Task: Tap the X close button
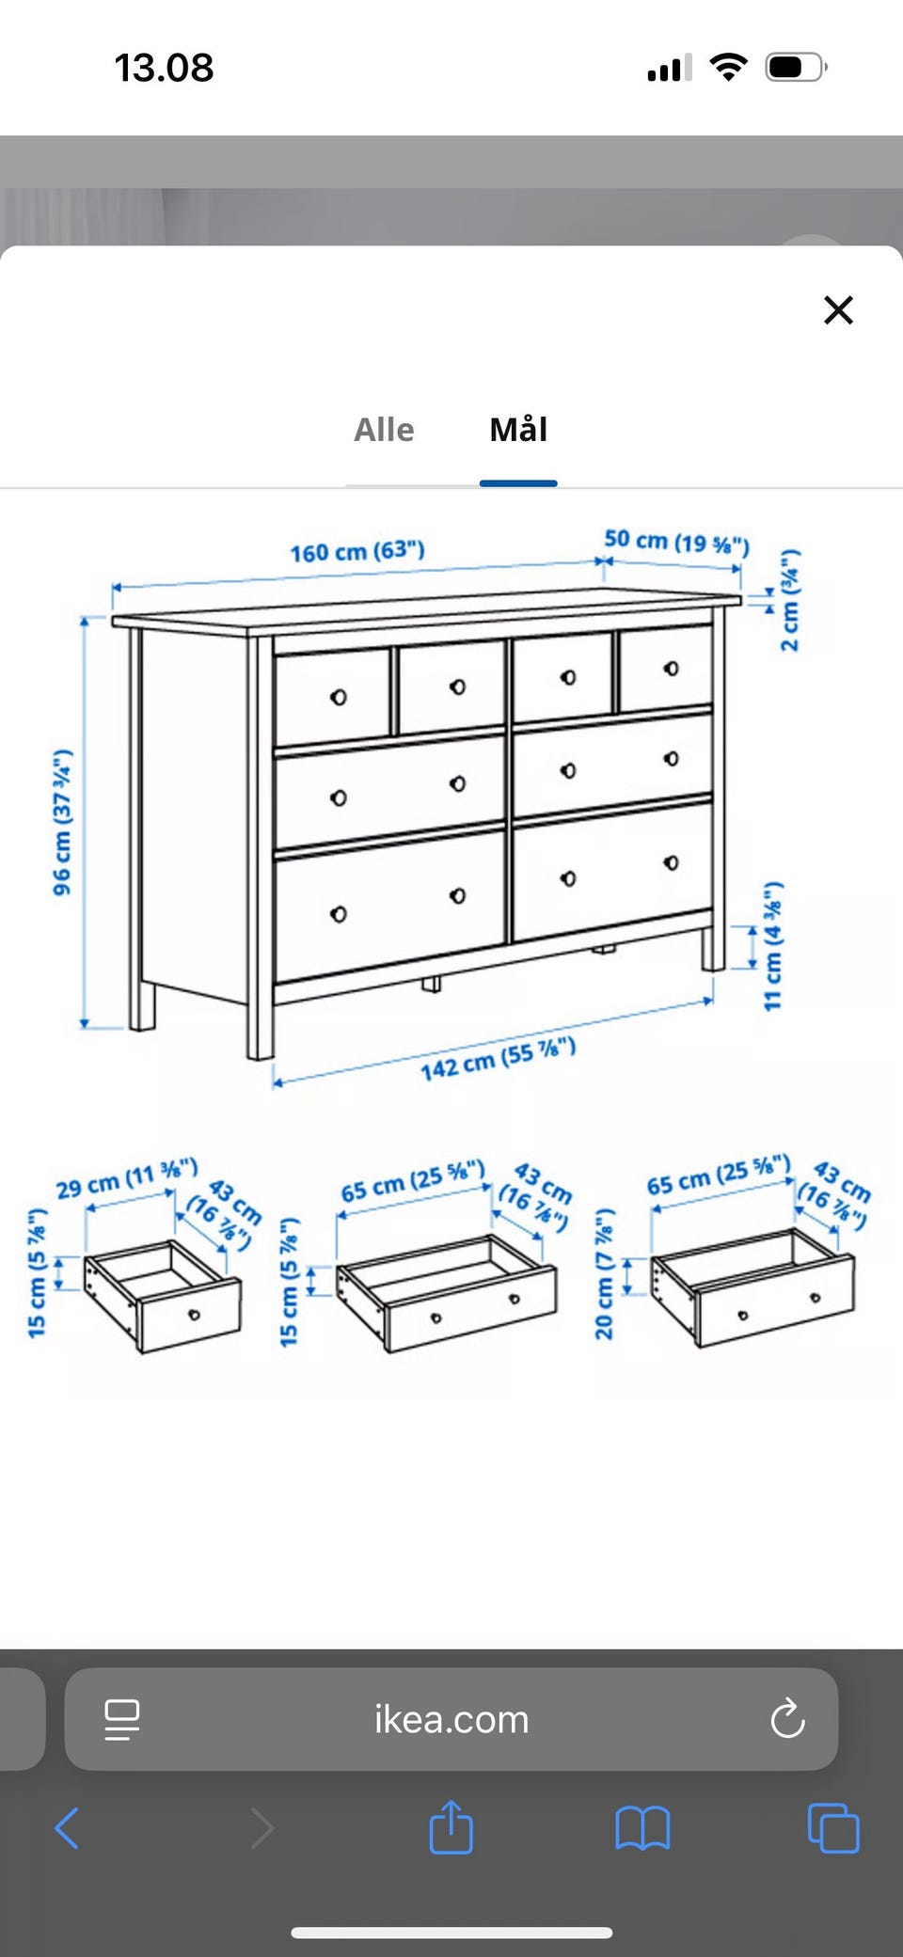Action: (x=838, y=309)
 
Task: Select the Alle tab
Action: (x=384, y=430)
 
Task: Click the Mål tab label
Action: (x=518, y=429)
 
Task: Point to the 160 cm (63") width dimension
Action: (x=357, y=551)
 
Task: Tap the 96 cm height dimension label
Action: (x=62, y=822)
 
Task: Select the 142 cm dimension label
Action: (x=498, y=1059)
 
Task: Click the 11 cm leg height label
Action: (x=773, y=946)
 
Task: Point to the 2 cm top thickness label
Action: (x=790, y=600)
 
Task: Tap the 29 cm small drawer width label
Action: (x=127, y=1178)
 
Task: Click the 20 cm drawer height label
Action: (x=604, y=1273)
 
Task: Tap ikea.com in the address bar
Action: (x=451, y=1720)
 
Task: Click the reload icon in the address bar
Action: (x=787, y=1718)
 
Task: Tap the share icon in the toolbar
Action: (x=451, y=1826)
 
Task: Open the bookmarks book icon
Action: (x=642, y=1828)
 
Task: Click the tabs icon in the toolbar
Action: (x=833, y=1828)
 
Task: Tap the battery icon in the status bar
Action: (x=797, y=68)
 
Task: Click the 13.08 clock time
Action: (x=164, y=68)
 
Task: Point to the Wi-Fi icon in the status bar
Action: (x=728, y=67)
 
